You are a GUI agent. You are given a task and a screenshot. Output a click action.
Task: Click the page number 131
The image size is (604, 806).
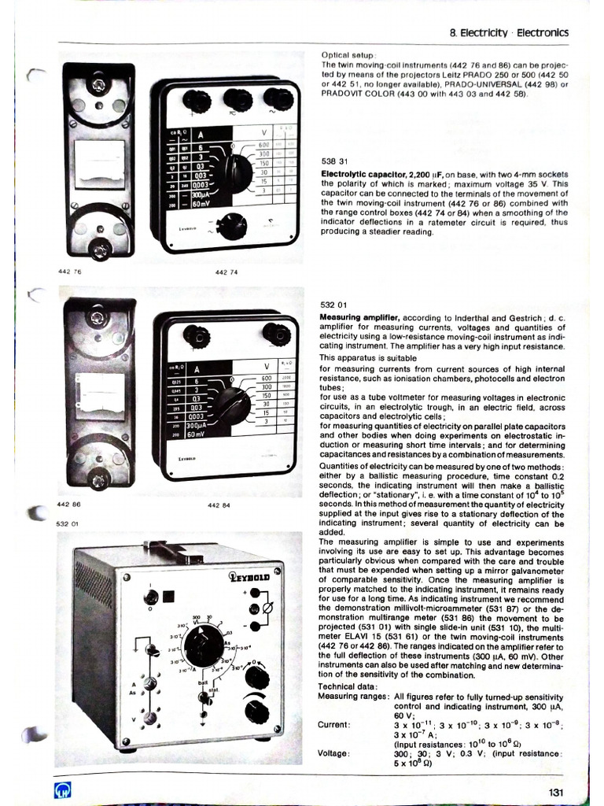557,792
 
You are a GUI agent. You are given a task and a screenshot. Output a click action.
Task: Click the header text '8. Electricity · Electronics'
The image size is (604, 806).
508,33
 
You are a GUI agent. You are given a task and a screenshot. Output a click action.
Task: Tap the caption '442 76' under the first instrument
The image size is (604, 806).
70,271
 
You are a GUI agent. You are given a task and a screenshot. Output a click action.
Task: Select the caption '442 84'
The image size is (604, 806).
219,505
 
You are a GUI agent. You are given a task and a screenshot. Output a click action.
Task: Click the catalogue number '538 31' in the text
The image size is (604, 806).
334,159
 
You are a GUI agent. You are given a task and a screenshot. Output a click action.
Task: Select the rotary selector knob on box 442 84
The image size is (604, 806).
235,401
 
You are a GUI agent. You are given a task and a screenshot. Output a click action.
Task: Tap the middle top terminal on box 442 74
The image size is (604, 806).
236,99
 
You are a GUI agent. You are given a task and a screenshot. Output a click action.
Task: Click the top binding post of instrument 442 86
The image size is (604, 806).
98,319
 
